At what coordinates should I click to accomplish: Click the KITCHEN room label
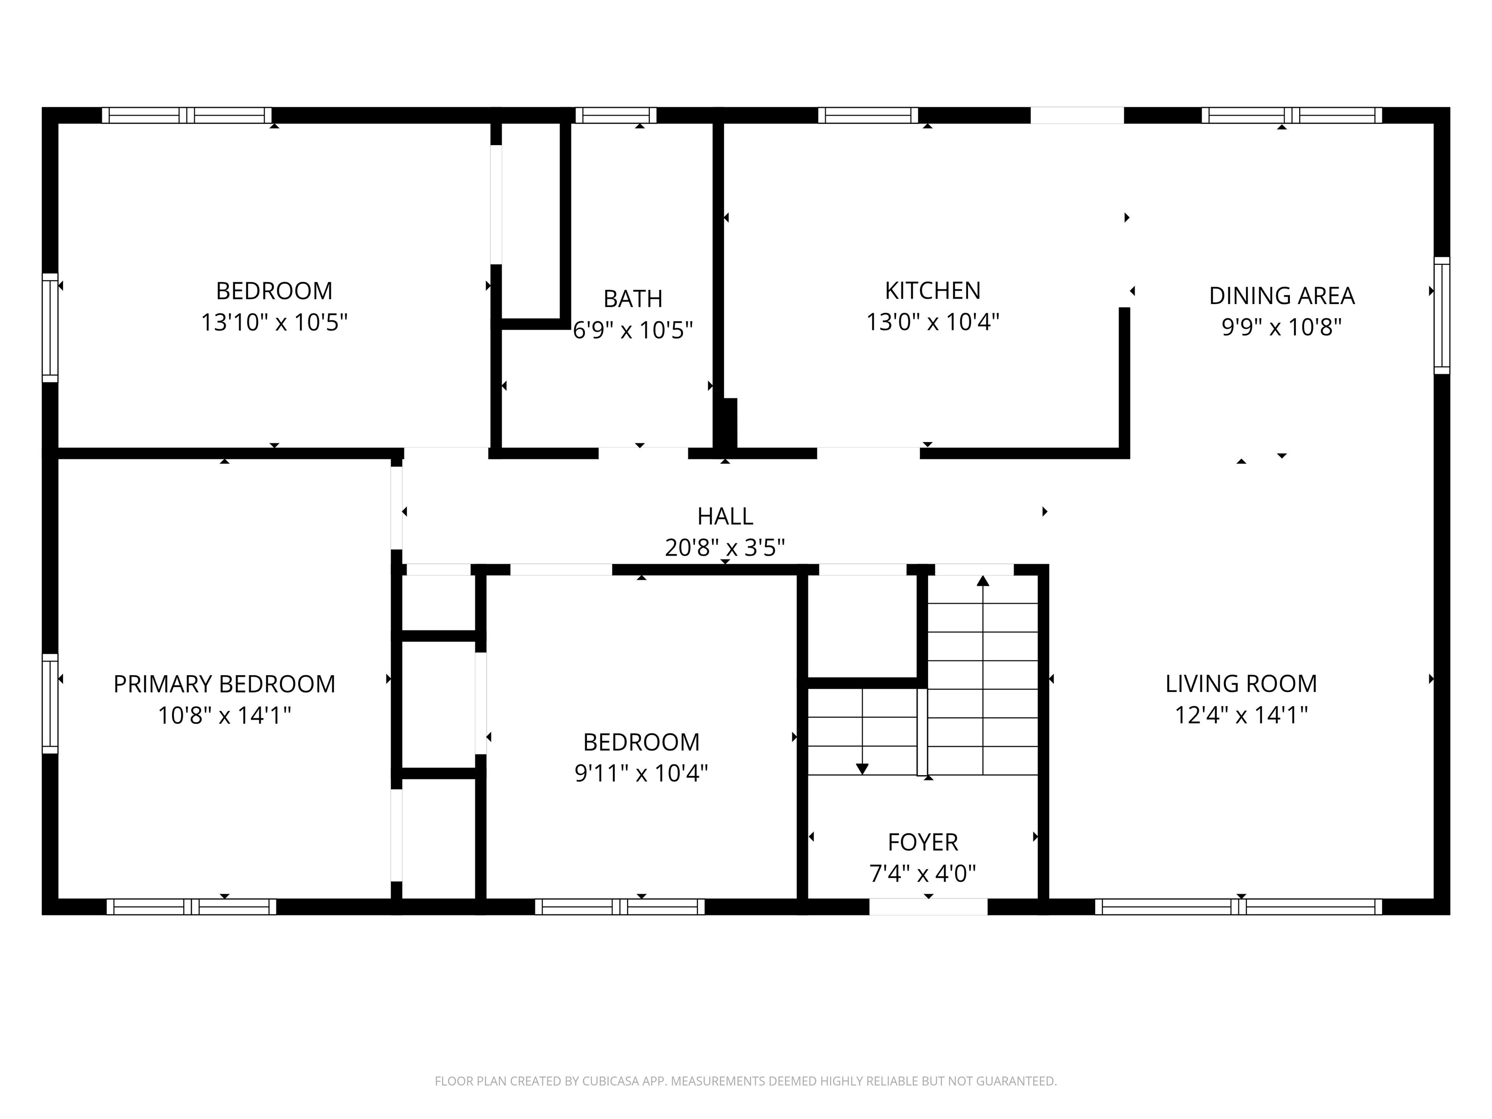[932, 291]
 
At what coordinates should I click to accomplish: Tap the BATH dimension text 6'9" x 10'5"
[633, 330]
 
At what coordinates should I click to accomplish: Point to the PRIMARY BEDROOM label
[224, 684]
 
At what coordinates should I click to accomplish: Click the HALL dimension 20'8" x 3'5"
[725, 547]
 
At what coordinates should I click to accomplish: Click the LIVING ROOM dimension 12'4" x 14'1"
[1240, 715]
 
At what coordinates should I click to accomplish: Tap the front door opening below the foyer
[928, 907]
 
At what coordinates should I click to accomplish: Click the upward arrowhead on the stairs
[983, 581]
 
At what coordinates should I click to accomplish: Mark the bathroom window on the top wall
[615, 115]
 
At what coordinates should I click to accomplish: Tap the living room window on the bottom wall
[1238, 907]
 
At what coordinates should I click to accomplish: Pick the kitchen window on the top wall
[867, 115]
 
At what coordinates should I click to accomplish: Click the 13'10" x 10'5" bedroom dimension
[274, 322]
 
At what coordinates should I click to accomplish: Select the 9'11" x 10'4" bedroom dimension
[641, 773]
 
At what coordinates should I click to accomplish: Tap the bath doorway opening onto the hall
[643, 453]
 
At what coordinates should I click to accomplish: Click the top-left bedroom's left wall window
[50, 327]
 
